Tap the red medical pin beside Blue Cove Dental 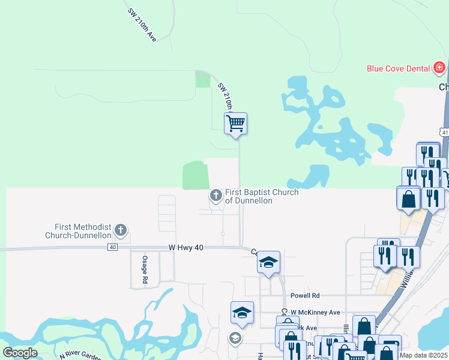click(439, 67)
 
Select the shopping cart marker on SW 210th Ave click(236, 124)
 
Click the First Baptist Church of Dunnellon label click(262, 197)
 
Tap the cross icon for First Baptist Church click(216, 196)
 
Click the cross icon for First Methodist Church click(121, 230)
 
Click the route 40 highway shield click(112, 247)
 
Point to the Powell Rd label click(306, 295)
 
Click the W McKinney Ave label click(315, 313)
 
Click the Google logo click(20, 352)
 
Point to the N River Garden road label click(80, 356)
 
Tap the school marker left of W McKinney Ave click(242, 313)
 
